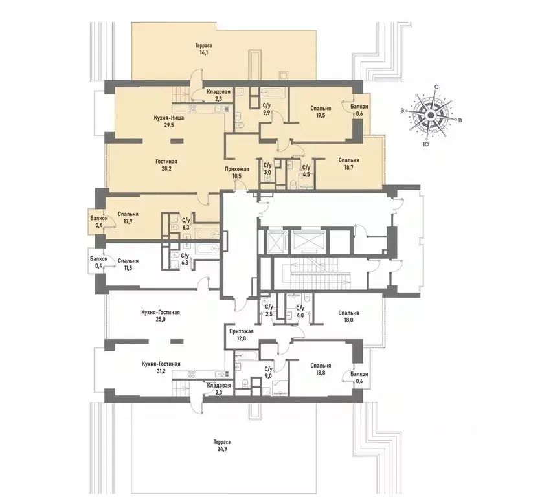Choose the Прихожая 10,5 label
coord(236,171)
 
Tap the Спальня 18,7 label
coord(348,163)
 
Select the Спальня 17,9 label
coord(128,217)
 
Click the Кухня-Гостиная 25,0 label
coord(160,315)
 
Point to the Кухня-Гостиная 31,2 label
coord(160,367)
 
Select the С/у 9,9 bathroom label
coord(266,108)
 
